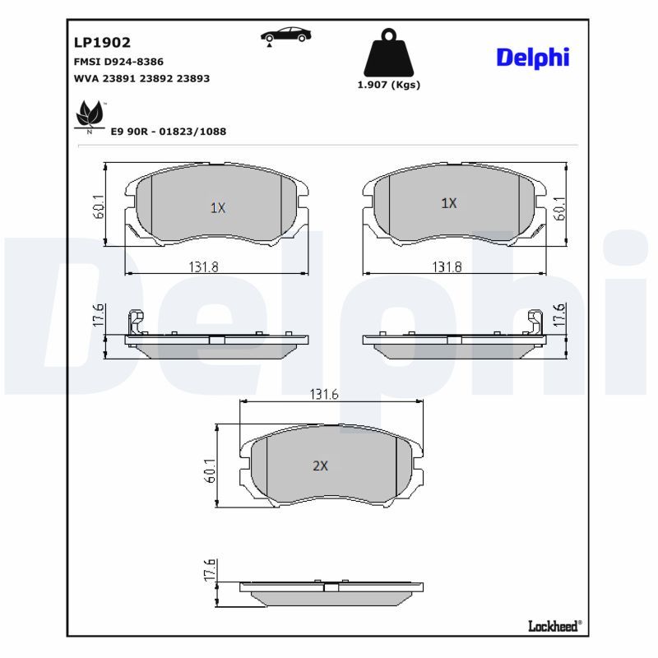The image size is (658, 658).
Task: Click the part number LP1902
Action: click(102, 43)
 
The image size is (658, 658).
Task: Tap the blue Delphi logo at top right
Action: click(532, 58)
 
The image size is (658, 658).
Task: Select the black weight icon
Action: click(388, 53)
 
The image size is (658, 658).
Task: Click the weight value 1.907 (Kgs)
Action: click(388, 85)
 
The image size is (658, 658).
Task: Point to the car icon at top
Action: click(285, 35)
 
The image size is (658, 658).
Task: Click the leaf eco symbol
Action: click(90, 116)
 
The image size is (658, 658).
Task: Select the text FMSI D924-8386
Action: click(118, 62)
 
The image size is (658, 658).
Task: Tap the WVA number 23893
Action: click(193, 78)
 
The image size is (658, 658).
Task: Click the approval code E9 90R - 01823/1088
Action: click(169, 132)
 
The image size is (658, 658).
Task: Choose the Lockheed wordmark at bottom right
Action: click(554, 627)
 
